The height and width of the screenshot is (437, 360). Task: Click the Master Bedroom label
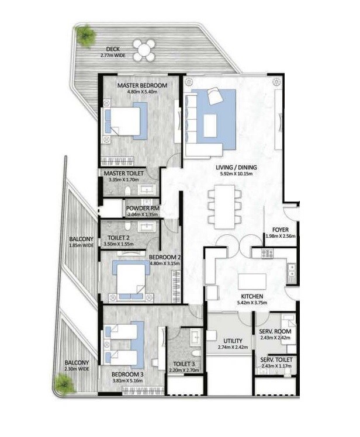click(x=142, y=85)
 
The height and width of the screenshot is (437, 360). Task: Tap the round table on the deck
click(x=144, y=48)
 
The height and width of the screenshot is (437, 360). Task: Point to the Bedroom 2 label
click(x=164, y=256)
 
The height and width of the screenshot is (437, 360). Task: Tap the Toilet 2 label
click(x=120, y=237)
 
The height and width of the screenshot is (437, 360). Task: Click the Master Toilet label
click(x=123, y=174)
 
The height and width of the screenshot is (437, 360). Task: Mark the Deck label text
click(x=113, y=49)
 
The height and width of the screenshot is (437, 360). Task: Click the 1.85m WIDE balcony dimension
click(x=81, y=246)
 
